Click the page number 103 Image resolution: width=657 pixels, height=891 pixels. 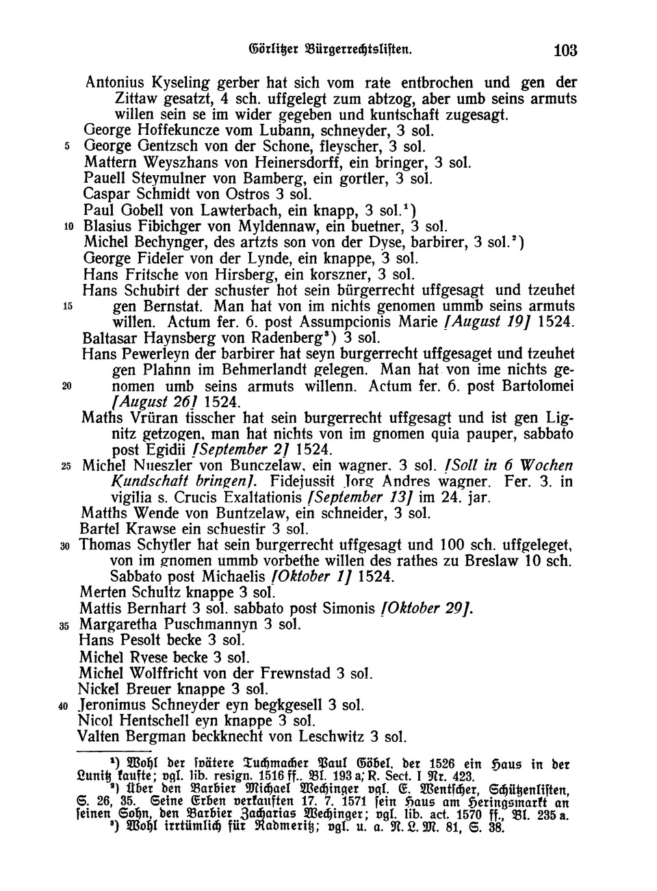click(x=566, y=50)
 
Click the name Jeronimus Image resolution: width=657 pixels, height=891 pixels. click(x=118, y=705)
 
